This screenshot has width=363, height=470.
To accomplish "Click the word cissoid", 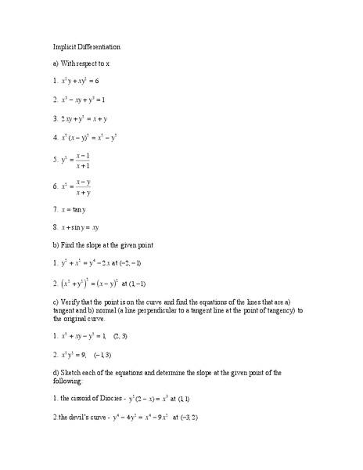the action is [x=87, y=400].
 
